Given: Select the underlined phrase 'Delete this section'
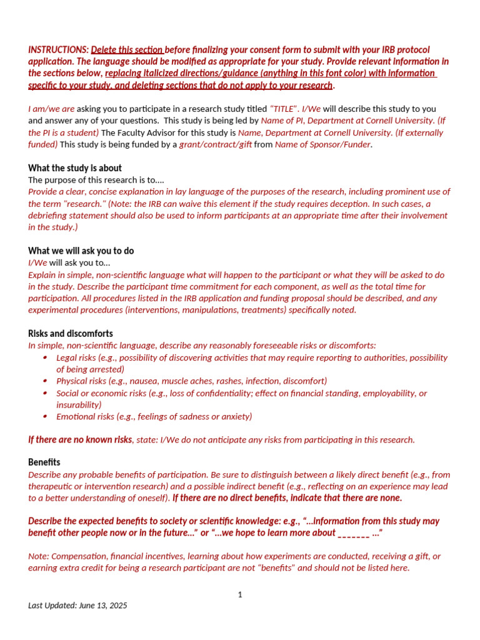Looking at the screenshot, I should click(x=127, y=49).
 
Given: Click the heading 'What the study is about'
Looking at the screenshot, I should click(x=75, y=168).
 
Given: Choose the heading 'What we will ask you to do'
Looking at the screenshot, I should click(x=81, y=251).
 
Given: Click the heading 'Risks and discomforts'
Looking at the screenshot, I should click(x=71, y=334).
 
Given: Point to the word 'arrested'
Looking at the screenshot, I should click(x=106, y=369).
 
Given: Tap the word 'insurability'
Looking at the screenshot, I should click(x=79, y=405).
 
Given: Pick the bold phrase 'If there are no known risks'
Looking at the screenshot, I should click(x=80, y=439).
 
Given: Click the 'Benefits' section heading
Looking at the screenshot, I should click(x=44, y=462).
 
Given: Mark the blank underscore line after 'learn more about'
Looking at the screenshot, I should click(x=353, y=533).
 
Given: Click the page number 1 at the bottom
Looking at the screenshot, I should click(x=240, y=594).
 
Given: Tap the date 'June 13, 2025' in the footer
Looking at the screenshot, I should click(x=102, y=606).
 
